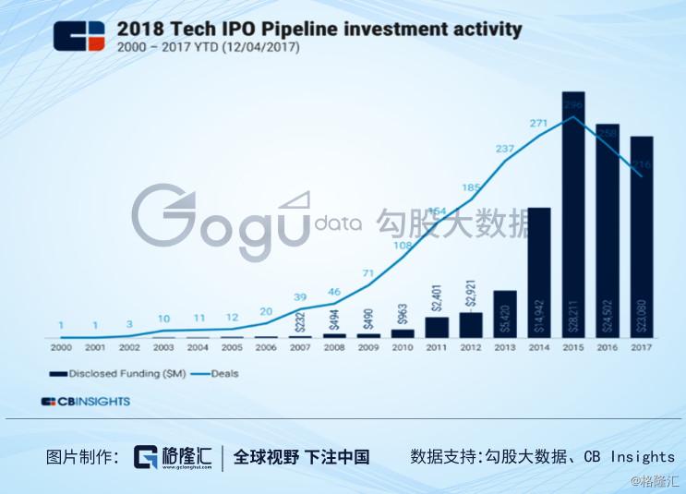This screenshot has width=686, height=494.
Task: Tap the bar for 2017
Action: tap(642, 237)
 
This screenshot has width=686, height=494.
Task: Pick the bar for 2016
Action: tap(608, 231)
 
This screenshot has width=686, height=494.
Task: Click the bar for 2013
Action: tap(505, 314)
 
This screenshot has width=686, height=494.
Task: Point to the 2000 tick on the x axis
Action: tap(61, 348)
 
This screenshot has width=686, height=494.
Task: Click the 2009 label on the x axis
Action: tap(368, 348)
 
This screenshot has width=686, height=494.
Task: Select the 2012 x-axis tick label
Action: tap(471, 348)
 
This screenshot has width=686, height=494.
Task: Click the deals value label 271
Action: tap(539, 122)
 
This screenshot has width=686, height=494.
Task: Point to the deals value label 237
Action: tap(505, 148)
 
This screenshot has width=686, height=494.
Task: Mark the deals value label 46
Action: tap(334, 292)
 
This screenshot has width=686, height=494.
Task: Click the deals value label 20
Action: tap(266, 311)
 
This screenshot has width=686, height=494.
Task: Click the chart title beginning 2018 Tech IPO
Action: tap(319, 29)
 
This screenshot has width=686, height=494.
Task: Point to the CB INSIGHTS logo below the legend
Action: tap(85, 402)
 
